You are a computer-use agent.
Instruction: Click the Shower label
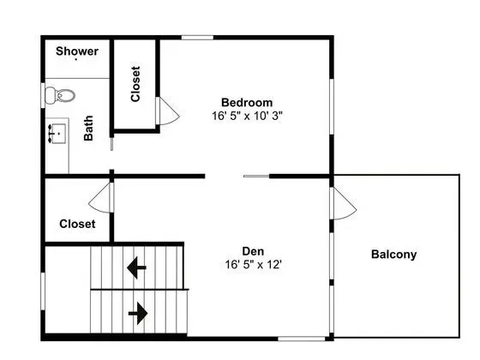(x=77, y=51)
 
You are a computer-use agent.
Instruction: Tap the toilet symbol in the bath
(x=60, y=95)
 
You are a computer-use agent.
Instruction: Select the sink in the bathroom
(x=57, y=134)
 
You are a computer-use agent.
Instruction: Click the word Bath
(x=88, y=128)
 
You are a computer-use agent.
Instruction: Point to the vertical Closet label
(x=135, y=84)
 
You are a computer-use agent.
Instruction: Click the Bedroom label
(x=247, y=102)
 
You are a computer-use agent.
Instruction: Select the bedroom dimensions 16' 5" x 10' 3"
(x=247, y=116)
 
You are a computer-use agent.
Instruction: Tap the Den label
(x=253, y=251)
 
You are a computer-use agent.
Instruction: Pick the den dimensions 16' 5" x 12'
(x=253, y=264)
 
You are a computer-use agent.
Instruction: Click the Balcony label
(x=393, y=255)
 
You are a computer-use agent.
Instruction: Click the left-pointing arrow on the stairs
(x=136, y=267)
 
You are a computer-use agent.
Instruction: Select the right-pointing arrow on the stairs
(x=138, y=314)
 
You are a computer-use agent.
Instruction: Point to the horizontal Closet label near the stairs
(x=77, y=224)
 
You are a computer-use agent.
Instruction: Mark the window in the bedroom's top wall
(x=197, y=38)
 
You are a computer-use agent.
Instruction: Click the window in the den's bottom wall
(x=302, y=339)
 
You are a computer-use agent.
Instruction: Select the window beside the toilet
(x=43, y=95)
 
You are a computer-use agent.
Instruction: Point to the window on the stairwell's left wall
(x=43, y=291)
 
